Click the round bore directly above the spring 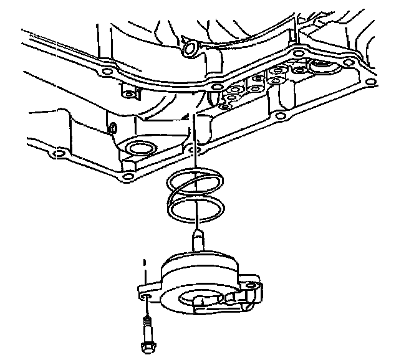click(x=138, y=149)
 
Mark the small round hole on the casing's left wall click(x=113, y=130)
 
